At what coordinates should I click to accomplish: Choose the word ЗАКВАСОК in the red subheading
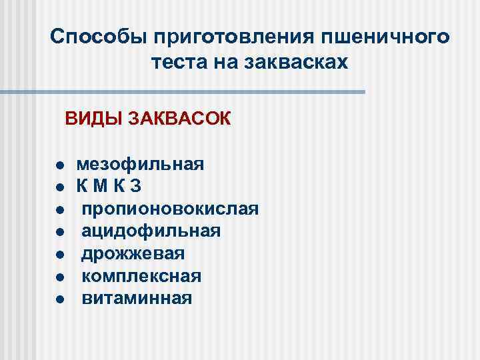[x=181, y=120]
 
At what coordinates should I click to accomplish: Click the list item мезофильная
[x=140, y=165]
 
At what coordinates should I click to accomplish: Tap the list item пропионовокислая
[x=170, y=209]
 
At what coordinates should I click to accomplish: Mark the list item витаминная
[x=137, y=297]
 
